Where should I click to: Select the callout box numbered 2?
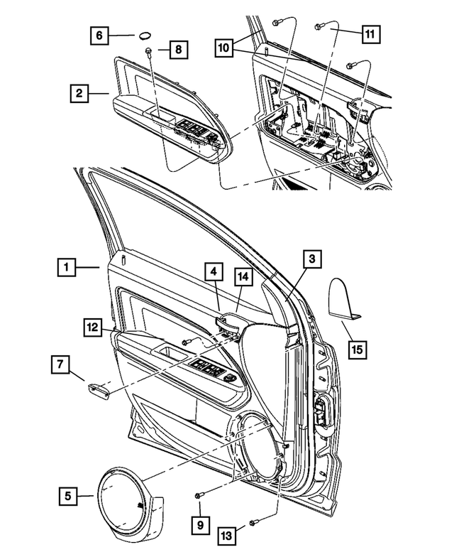click(79, 92)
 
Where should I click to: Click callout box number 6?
click(99, 33)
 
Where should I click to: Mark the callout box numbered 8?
click(179, 50)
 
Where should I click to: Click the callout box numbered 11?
click(369, 33)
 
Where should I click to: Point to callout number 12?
click(91, 327)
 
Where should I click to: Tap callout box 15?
click(358, 349)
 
